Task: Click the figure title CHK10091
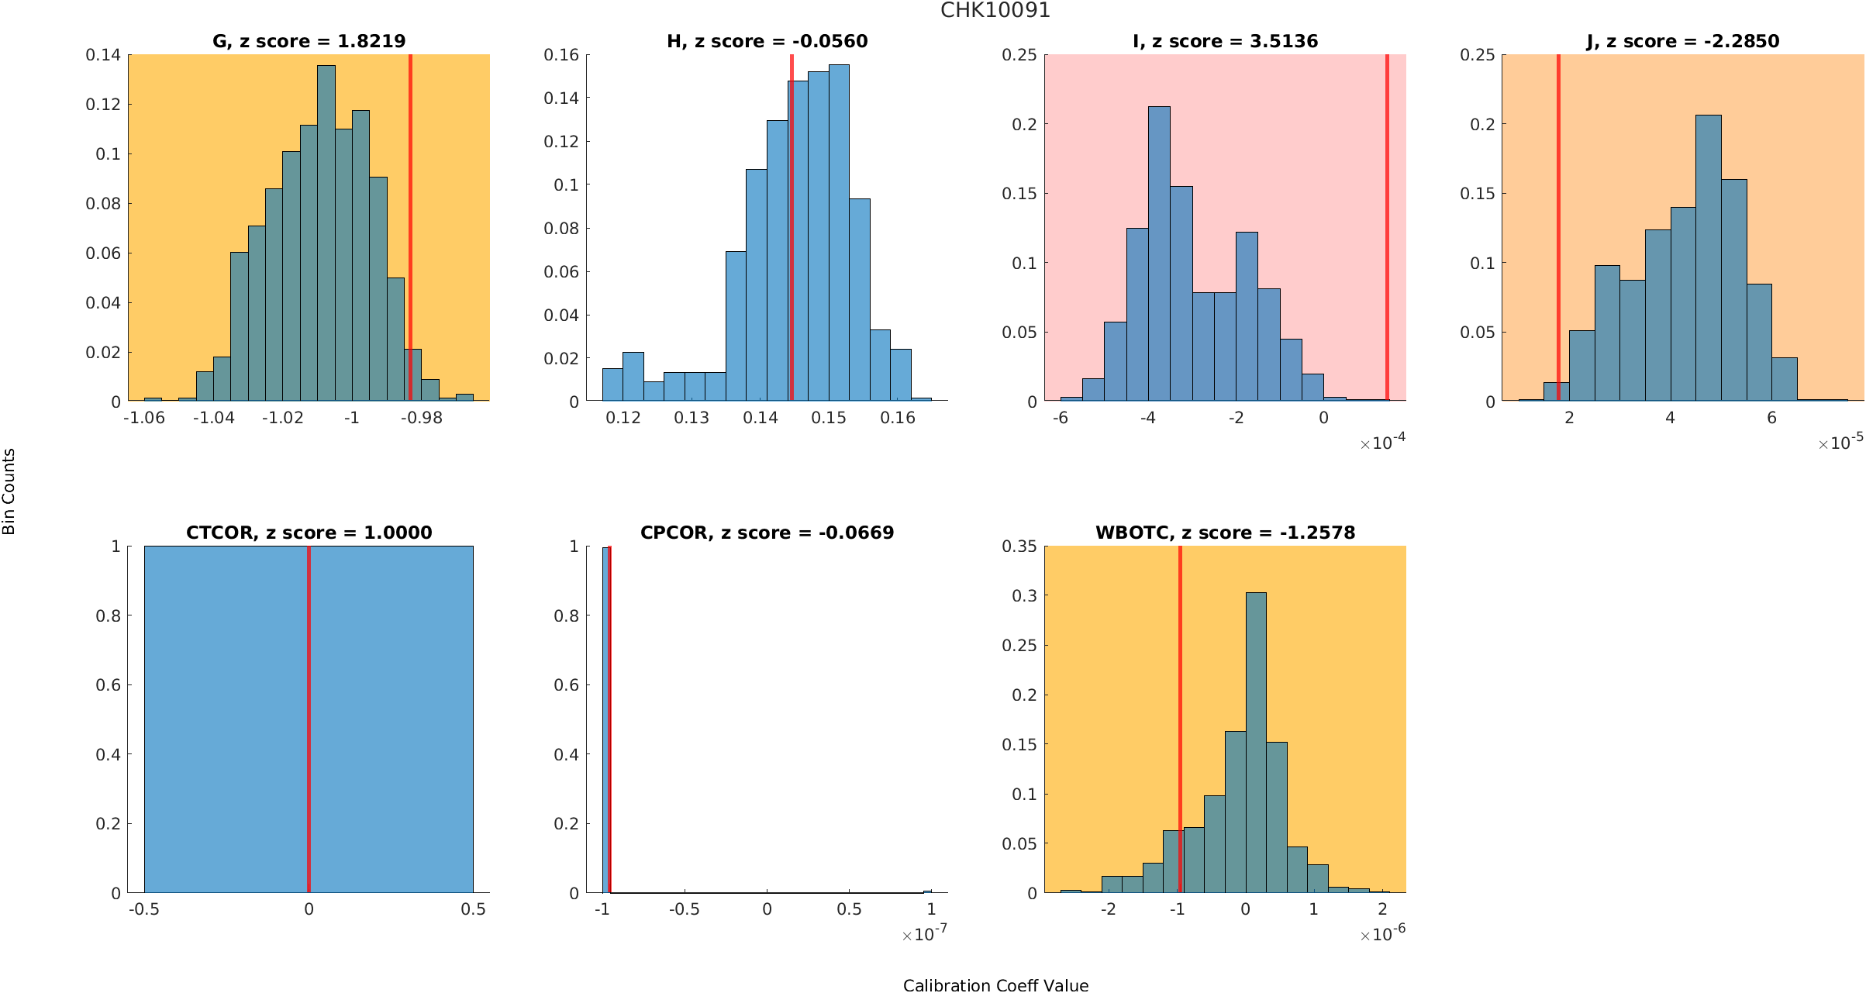995,11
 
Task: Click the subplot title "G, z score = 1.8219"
309,41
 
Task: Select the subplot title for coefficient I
1225,41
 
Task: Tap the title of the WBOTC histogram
1225,533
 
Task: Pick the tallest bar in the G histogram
326,233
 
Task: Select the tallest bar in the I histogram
1159,256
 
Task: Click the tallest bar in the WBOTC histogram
1256,744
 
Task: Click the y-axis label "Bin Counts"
9,491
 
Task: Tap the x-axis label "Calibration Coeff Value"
995,985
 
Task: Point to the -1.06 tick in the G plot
144,418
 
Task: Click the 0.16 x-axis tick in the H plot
898,418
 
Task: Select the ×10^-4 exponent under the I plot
1383,443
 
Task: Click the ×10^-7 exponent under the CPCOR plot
924,934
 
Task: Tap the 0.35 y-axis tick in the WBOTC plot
1019,546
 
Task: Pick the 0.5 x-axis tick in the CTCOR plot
473,909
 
